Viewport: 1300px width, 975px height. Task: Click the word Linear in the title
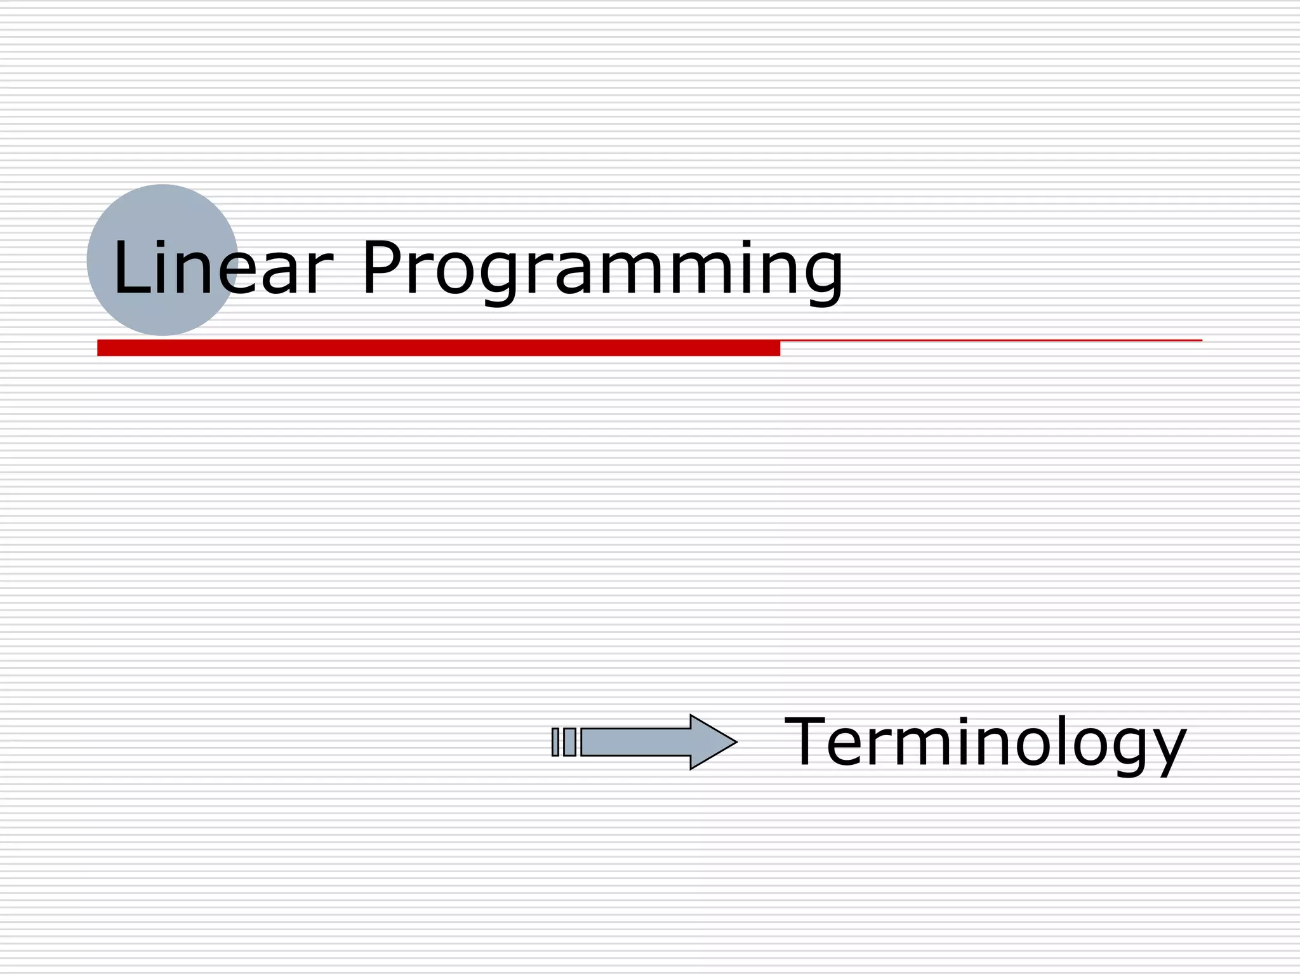(222, 268)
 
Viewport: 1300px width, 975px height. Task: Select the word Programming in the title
(602, 269)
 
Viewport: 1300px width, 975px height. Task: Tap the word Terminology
(985, 742)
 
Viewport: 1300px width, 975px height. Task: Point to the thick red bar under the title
(438, 348)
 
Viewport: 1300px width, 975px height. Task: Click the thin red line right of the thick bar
(990, 341)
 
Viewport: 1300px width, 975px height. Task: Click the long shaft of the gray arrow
(635, 742)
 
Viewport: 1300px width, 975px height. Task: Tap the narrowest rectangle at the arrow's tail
(555, 742)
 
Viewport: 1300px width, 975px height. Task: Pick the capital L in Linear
(130, 268)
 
